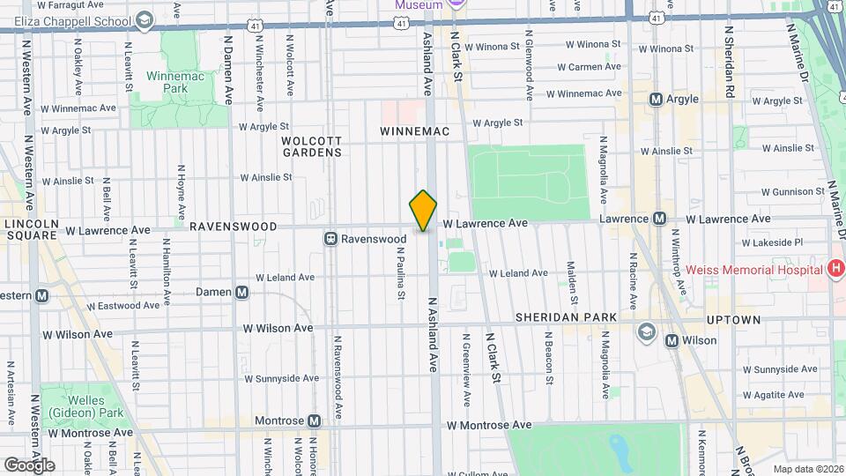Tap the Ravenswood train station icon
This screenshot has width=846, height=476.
(x=331, y=238)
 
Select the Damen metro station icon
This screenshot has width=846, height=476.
(x=241, y=292)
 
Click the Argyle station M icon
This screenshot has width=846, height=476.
(x=656, y=100)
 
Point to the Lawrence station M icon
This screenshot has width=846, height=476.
(x=660, y=219)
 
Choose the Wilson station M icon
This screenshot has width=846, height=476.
(x=672, y=340)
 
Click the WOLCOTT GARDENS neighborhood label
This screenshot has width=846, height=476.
(x=311, y=146)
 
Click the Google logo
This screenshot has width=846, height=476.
(x=28, y=465)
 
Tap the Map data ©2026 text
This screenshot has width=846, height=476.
(x=808, y=469)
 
